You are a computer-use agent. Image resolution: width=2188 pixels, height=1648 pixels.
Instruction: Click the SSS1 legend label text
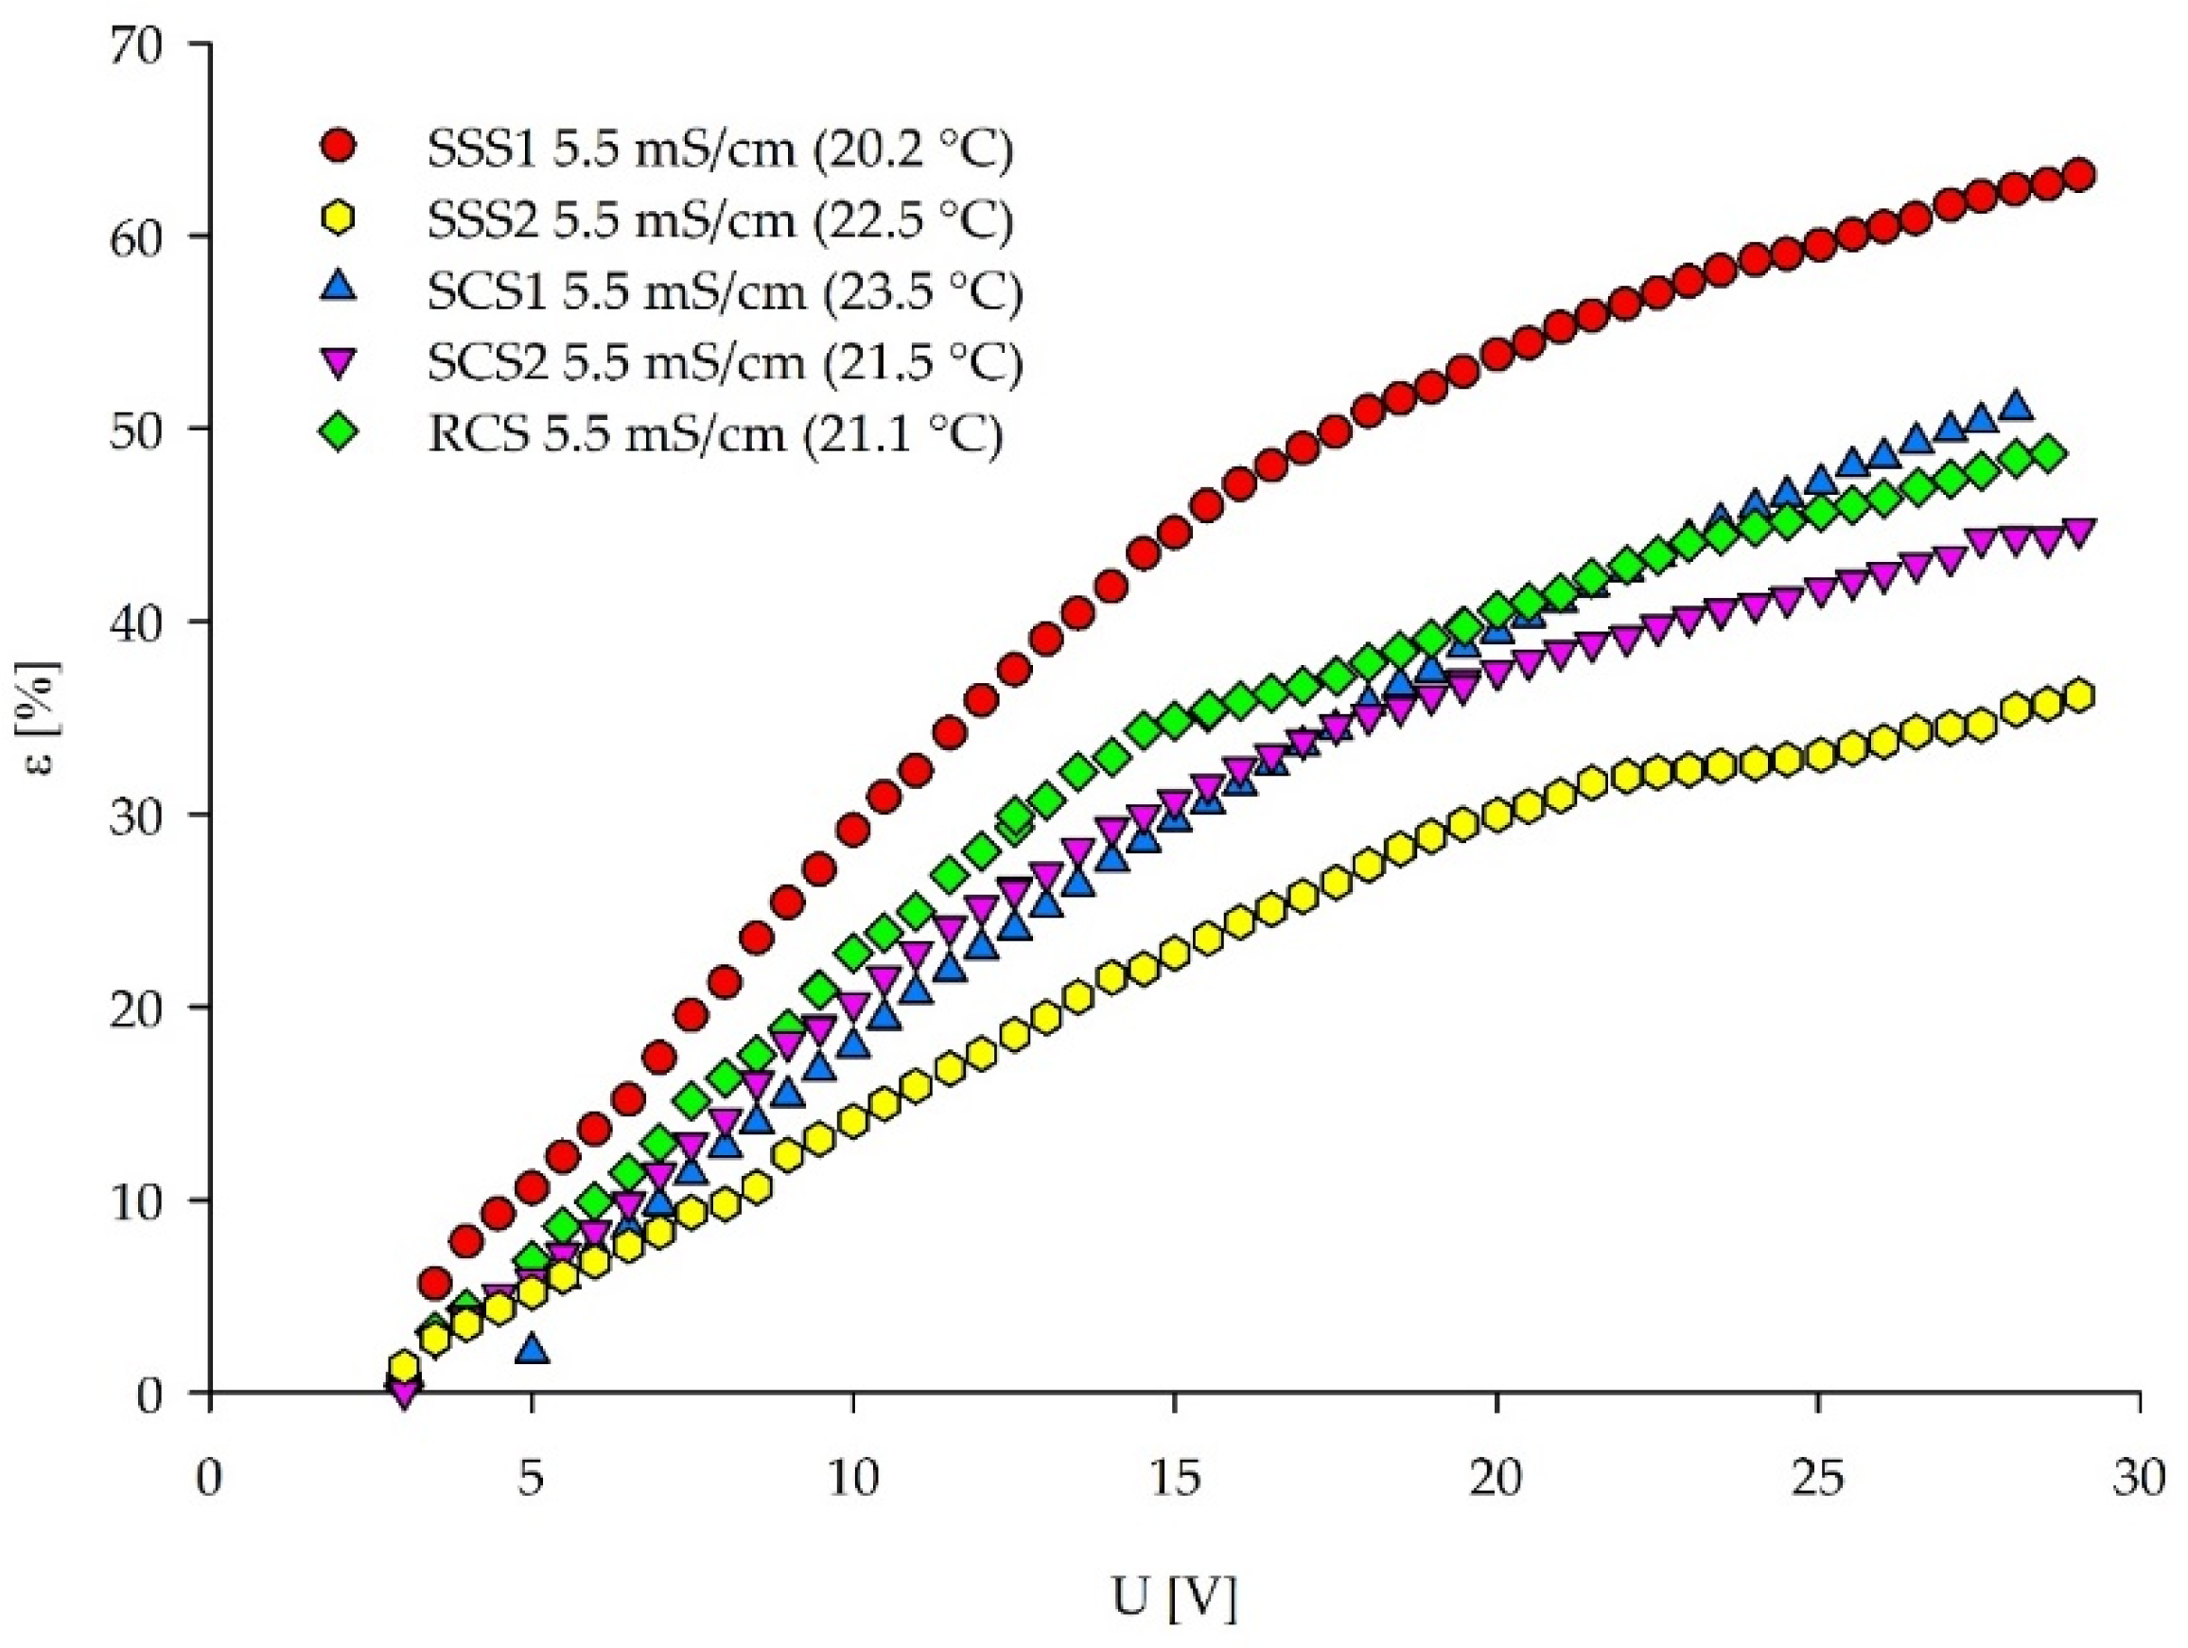719,149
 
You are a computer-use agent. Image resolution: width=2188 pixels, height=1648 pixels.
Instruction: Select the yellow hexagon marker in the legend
341,219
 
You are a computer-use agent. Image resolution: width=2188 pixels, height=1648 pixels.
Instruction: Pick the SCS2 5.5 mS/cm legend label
724,362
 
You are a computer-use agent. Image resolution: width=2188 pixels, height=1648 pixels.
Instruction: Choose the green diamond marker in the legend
341,433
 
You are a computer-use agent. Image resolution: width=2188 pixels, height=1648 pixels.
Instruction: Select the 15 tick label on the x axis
1174,1481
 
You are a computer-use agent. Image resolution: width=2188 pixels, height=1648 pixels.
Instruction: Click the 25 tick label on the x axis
1817,1481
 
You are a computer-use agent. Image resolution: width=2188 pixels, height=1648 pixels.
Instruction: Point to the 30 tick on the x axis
2139,1481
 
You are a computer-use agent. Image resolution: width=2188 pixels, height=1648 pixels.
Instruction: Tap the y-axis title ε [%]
44,720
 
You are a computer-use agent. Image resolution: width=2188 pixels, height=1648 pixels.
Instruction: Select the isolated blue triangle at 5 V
533,1348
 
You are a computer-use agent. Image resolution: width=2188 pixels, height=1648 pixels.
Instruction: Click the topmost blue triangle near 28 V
2015,407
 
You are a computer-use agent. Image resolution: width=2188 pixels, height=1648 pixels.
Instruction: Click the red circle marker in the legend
341,147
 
